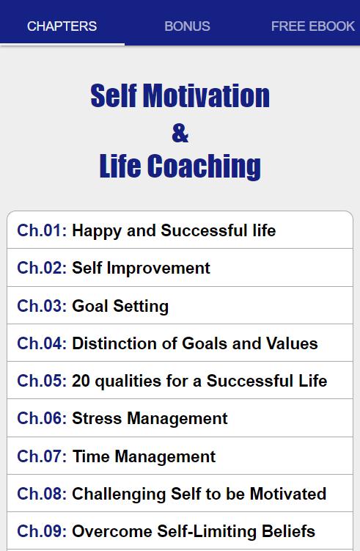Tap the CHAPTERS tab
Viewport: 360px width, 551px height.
coord(62,26)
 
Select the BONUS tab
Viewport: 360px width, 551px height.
coord(187,26)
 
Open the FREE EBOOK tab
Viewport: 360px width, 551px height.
coord(312,26)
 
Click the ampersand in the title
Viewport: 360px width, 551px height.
coord(180,133)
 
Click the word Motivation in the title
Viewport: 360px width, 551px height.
coord(207,95)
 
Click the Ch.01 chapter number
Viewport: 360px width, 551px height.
coord(42,230)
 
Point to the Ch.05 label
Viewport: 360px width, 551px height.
coord(42,381)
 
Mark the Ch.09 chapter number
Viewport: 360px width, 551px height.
coord(42,531)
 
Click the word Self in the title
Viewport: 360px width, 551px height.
coord(114,95)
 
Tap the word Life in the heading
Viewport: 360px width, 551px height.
coord(120,166)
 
